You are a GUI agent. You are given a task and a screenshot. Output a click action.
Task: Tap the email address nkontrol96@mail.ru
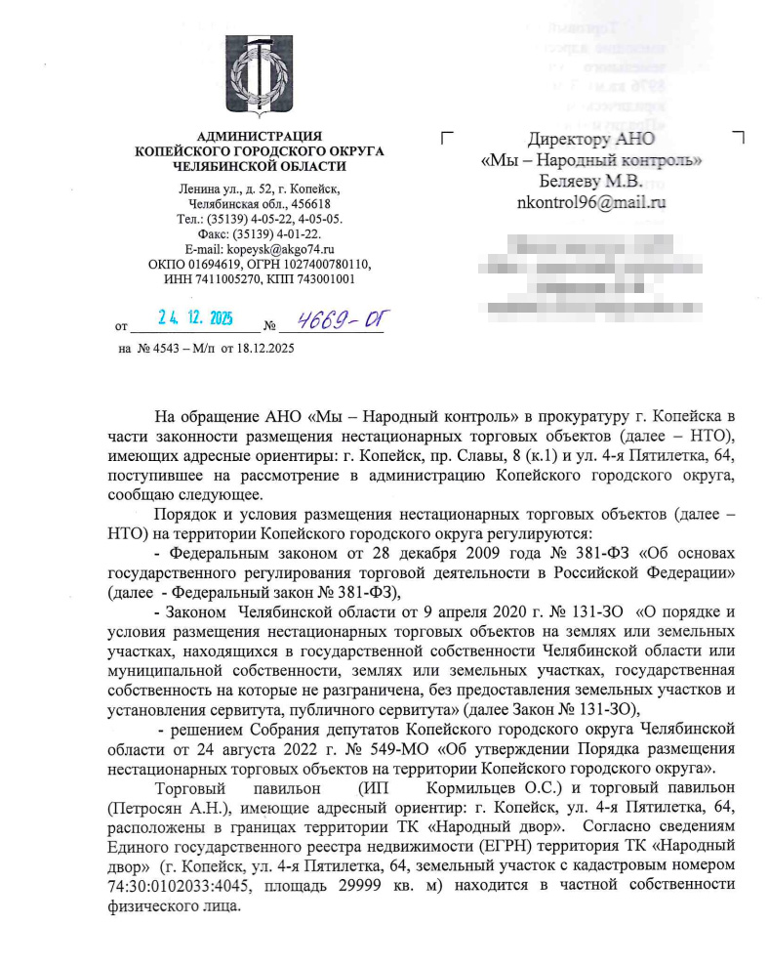[590, 203]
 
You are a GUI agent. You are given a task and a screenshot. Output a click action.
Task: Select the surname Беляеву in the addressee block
[571, 181]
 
